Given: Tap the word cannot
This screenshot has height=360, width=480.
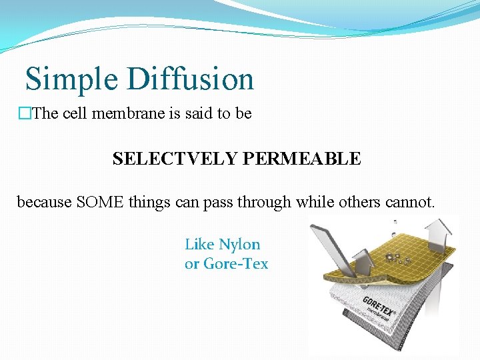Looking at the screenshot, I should click(x=409, y=201).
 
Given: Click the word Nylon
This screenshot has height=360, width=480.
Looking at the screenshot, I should click(x=239, y=245).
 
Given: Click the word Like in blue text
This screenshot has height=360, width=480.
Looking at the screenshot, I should click(x=199, y=245).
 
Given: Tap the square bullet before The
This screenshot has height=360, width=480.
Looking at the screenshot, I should click(x=25, y=114).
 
